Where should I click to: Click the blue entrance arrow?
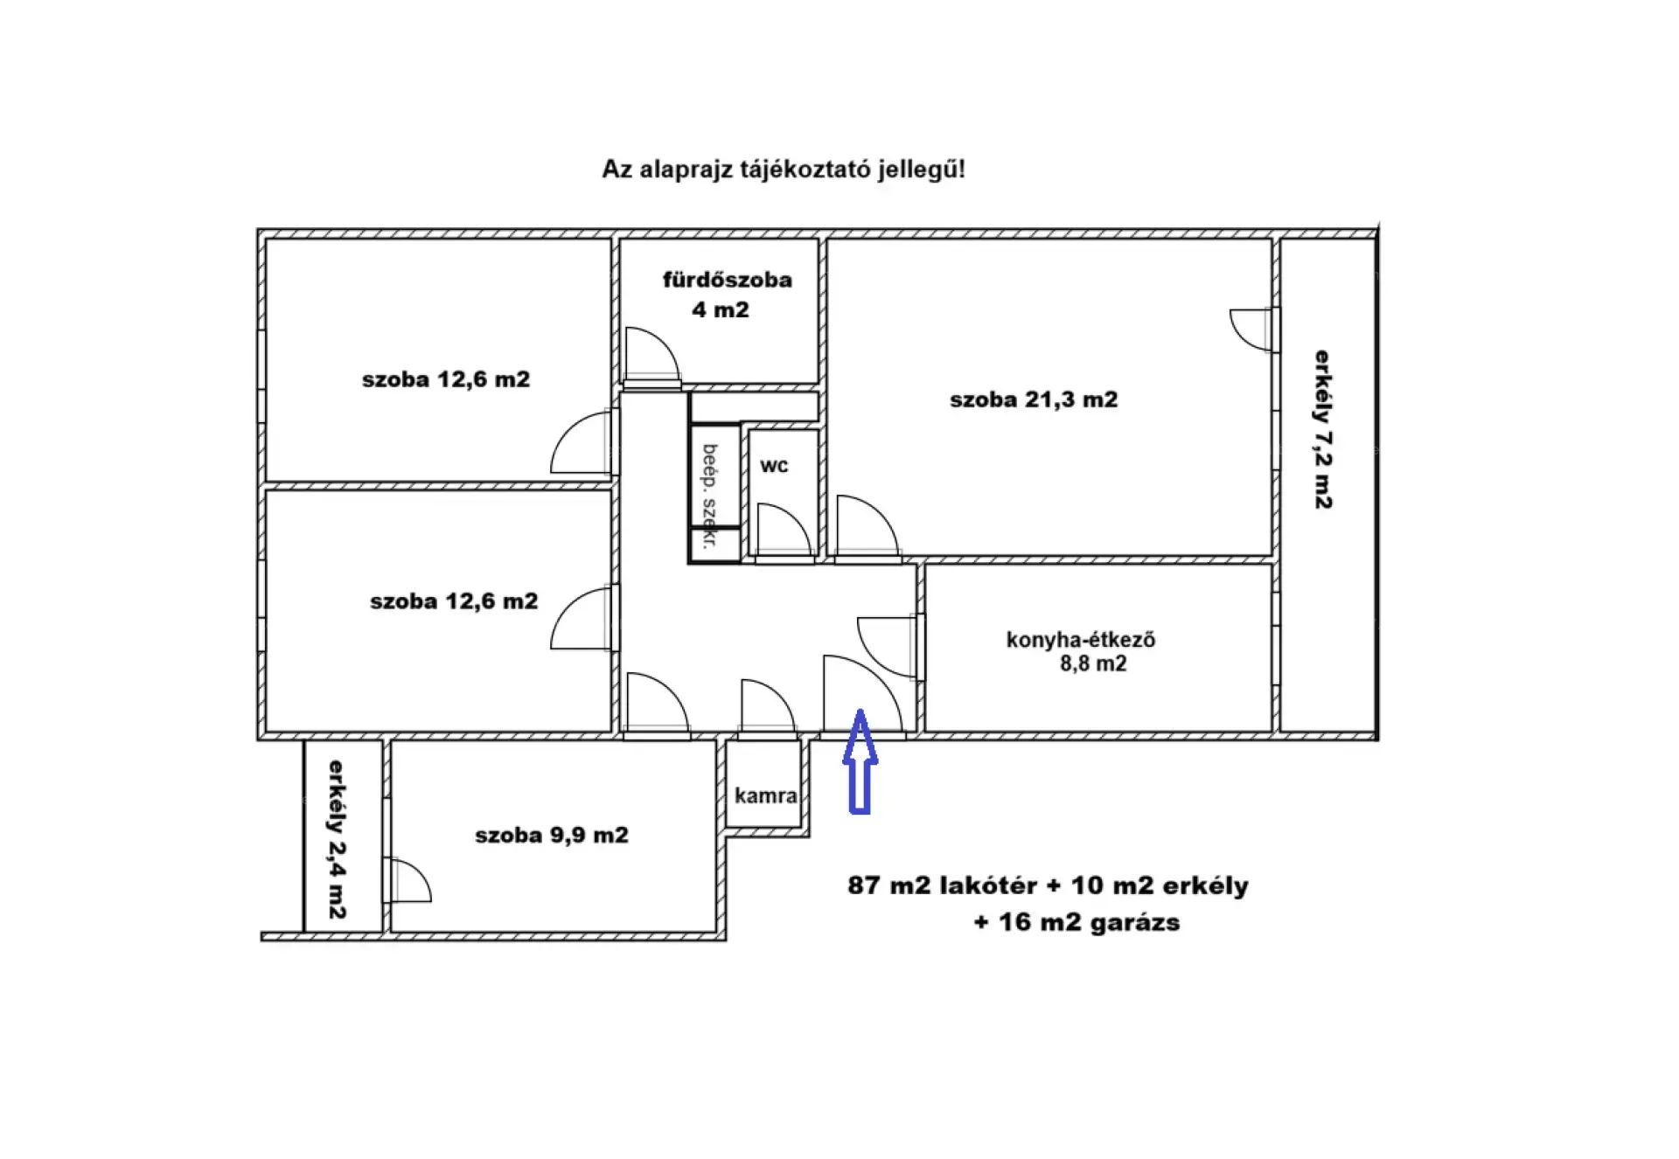pos(860,761)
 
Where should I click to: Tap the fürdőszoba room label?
pos(727,280)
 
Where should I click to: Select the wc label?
pos(774,466)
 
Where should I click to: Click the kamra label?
pos(765,795)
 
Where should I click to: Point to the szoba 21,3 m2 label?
pos(1034,399)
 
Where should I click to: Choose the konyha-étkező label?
pos(1081,640)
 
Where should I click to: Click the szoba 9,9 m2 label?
pos(552,835)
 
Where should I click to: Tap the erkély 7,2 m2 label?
pos(1323,429)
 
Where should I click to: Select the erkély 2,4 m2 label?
pos(337,839)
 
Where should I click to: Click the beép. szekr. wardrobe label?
pos(709,496)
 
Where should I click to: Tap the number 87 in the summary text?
pos(863,885)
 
